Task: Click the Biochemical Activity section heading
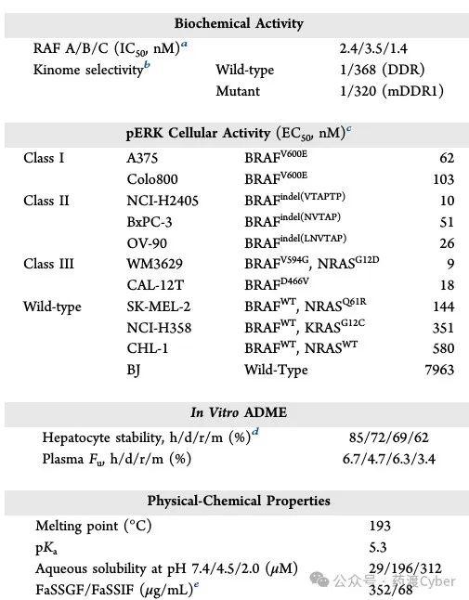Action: pyautogui.click(x=238, y=23)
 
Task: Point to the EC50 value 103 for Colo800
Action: pyautogui.click(x=443, y=179)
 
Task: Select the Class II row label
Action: pyautogui.click(x=46, y=201)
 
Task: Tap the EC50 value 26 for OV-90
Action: pyautogui.click(x=447, y=242)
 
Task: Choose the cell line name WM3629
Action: pyautogui.click(x=155, y=264)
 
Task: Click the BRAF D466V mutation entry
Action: pyautogui.click(x=276, y=285)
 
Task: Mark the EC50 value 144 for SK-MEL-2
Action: pyautogui.click(x=443, y=307)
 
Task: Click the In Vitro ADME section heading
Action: pyautogui.click(x=238, y=413)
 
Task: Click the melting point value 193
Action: pyautogui.click(x=379, y=526)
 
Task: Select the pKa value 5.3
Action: pyautogui.click(x=378, y=547)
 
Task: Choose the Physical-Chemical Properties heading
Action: pyautogui.click(x=238, y=501)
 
